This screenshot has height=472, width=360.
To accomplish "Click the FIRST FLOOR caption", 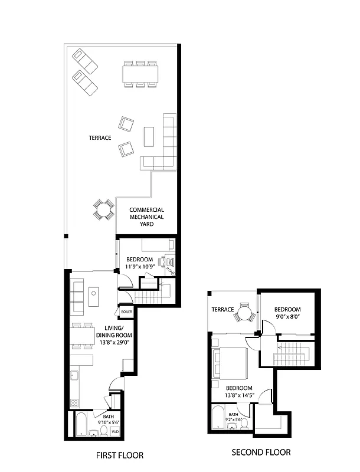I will click(120, 455).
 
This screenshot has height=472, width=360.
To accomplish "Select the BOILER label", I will click(126, 312).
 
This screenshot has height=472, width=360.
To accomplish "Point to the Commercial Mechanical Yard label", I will click(146, 217).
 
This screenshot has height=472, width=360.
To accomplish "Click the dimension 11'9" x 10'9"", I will click(140, 267).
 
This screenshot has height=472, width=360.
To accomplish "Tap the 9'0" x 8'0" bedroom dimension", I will click(287, 317).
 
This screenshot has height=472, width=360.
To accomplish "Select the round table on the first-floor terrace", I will click(104, 209).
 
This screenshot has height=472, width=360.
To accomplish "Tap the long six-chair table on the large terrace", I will click(140, 74).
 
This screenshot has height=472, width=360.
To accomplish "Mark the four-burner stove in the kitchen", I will click(76, 403).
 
